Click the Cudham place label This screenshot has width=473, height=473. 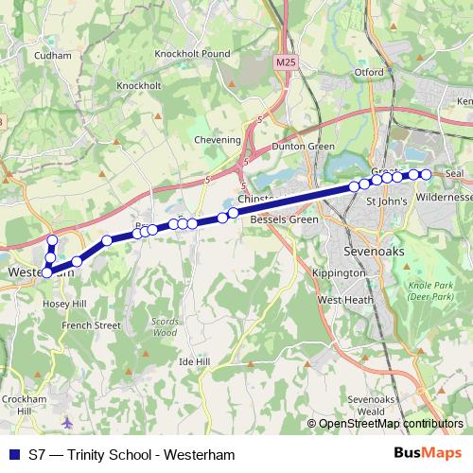point(52,56)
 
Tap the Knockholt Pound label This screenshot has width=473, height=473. point(192,54)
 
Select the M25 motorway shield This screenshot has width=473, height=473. point(286,62)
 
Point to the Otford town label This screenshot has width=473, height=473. point(368,72)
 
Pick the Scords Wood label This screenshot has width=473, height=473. point(165,327)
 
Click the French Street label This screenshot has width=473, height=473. point(91,324)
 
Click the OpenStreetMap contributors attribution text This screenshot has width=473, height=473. point(390,424)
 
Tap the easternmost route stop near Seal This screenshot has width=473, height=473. point(426,174)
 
